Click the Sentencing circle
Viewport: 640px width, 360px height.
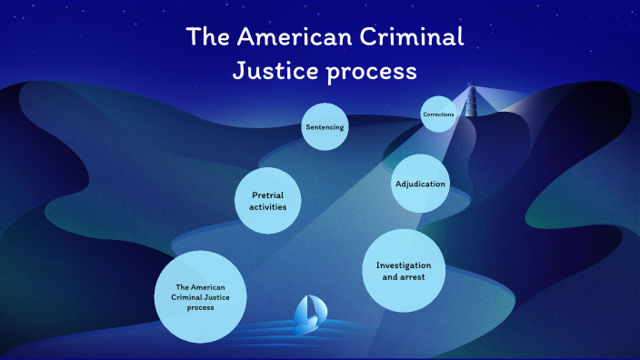(325, 127)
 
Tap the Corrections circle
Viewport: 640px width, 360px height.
(437, 115)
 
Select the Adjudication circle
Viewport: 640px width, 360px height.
(420, 184)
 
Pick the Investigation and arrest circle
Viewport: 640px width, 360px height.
(403, 270)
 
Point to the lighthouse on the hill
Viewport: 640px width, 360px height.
(471, 102)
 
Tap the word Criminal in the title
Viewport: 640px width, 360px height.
(418, 38)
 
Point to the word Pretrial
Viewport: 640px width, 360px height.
(268, 195)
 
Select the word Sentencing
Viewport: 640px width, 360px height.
(325, 127)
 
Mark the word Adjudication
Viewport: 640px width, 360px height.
(420, 184)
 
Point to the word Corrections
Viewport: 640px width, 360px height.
(437, 115)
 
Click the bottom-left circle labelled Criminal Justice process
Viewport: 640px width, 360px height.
(201, 297)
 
